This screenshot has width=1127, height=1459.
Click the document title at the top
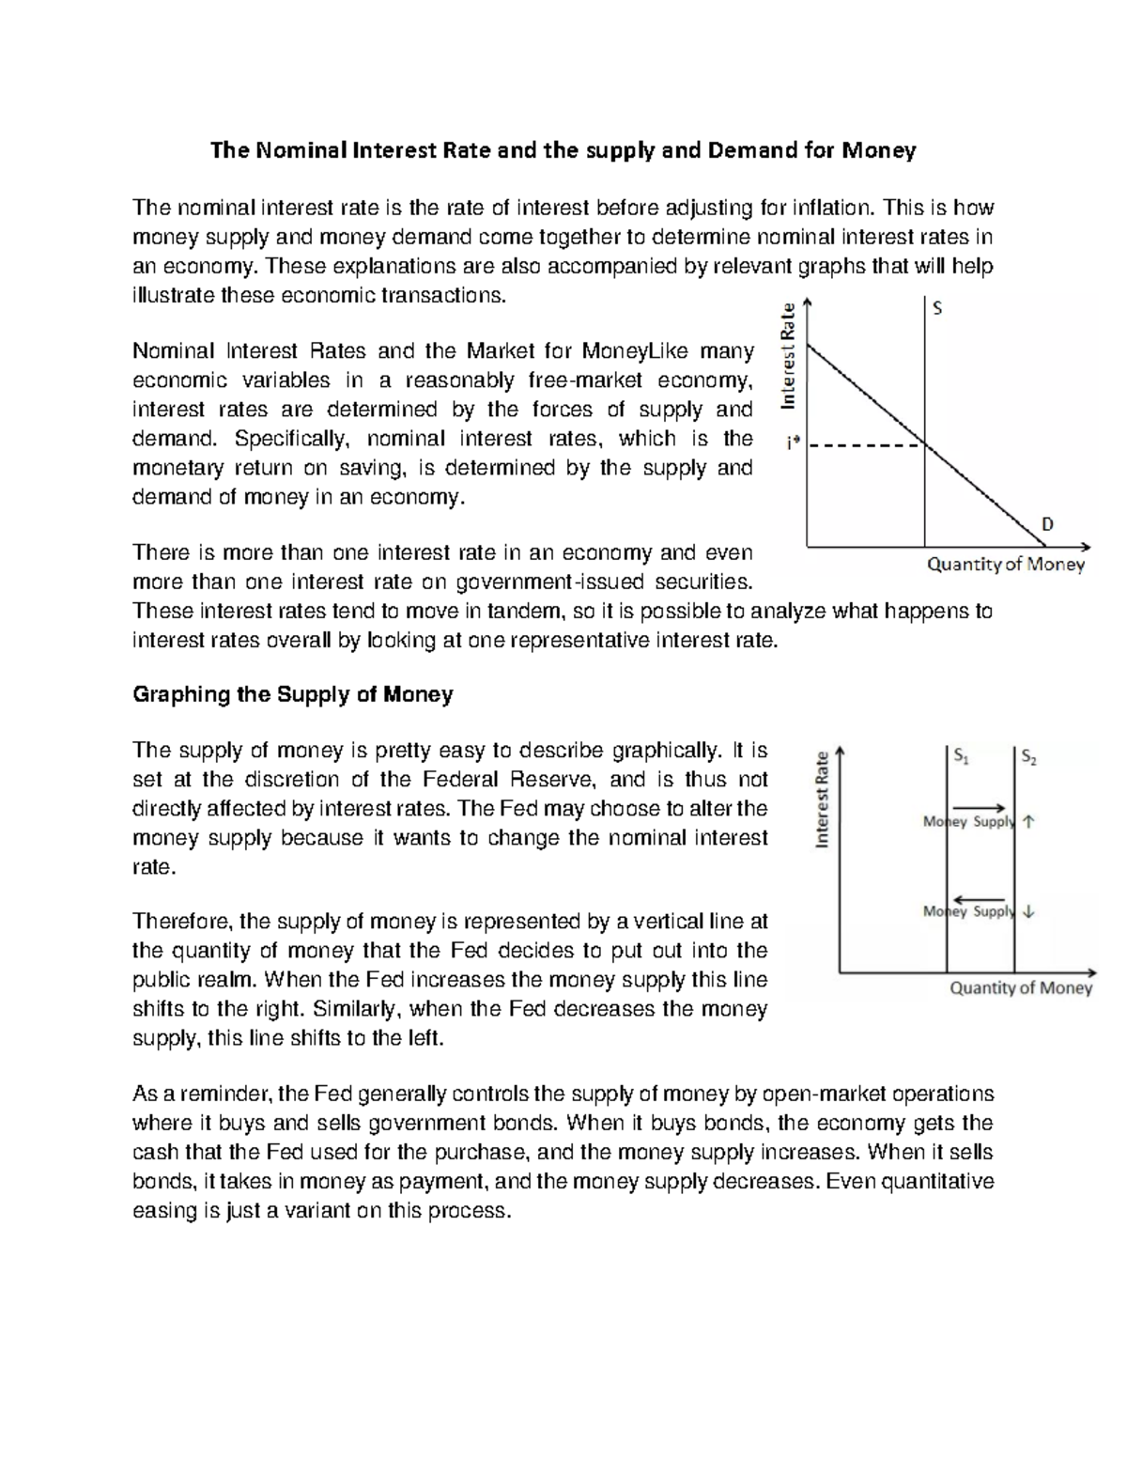[x=563, y=150]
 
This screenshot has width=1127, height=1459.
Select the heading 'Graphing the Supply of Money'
[x=293, y=694]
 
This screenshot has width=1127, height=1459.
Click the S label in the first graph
[x=936, y=308]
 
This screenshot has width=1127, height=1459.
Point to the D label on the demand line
[x=1047, y=523]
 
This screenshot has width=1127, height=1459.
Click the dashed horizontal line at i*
[x=864, y=445]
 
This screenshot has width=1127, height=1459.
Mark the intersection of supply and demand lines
[x=925, y=445]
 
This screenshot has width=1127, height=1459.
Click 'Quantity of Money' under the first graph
[x=1006, y=565]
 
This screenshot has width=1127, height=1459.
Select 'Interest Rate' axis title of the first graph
[x=789, y=354]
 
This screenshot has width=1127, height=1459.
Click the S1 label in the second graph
[x=960, y=756]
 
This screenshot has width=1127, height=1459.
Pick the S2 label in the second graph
[x=1028, y=756]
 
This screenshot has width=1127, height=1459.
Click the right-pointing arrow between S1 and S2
[x=980, y=807]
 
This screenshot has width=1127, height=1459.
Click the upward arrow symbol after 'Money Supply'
[x=1028, y=822]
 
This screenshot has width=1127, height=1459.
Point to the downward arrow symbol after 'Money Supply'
[x=1028, y=910]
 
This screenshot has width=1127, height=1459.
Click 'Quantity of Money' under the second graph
[x=1021, y=987]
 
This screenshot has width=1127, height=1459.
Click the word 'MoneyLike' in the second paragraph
[x=636, y=351]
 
